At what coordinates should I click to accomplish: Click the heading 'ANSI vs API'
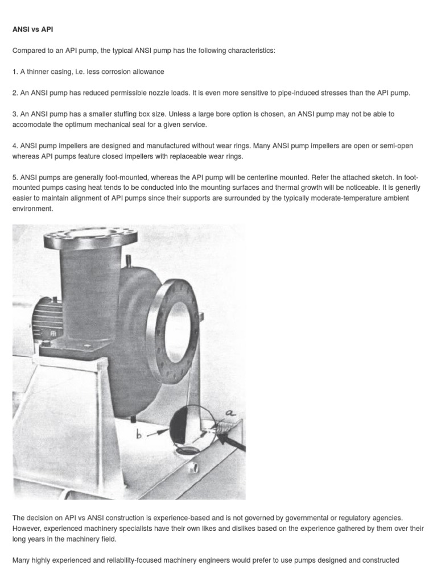click(32, 30)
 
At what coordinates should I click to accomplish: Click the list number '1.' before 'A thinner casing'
click(15, 72)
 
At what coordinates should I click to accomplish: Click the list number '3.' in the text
click(15, 114)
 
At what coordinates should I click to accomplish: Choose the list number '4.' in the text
click(15, 146)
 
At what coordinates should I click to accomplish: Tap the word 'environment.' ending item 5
click(34, 209)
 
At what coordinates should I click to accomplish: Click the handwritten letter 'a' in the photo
click(231, 413)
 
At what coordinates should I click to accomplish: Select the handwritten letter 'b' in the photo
click(138, 435)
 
